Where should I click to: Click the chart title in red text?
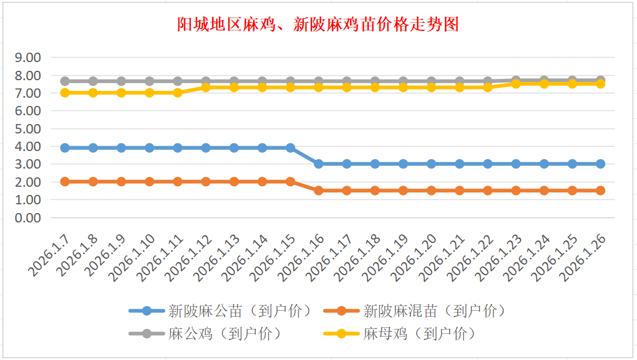pyautogui.click(x=318, y=25)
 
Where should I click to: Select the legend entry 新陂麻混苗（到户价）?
pyautogui.click(x=434, y=311)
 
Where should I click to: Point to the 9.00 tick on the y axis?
pyautogui.click(x=28, y=57)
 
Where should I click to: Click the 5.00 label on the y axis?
pyautogui.click(x=28, y=129)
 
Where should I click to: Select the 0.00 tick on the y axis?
pyautogui.click(x=28, y=218)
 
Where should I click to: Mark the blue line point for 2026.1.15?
pyautogui.click(x=290, y=148)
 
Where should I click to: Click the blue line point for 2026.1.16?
pyautogui.click(x=318, y=164)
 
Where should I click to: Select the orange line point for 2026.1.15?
pyautogui.click(x=290, y=181)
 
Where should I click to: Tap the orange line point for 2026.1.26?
pyautogui.click(x=600, y=190)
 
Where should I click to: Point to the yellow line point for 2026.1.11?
pyautogui.click(x=177, y=92)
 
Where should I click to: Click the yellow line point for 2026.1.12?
pyautogui.click(x=206, y=87)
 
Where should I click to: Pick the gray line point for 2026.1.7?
pyautogui.click(x=65, y=81)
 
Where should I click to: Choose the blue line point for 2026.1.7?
pyautogui.click(x=65, y=148)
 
